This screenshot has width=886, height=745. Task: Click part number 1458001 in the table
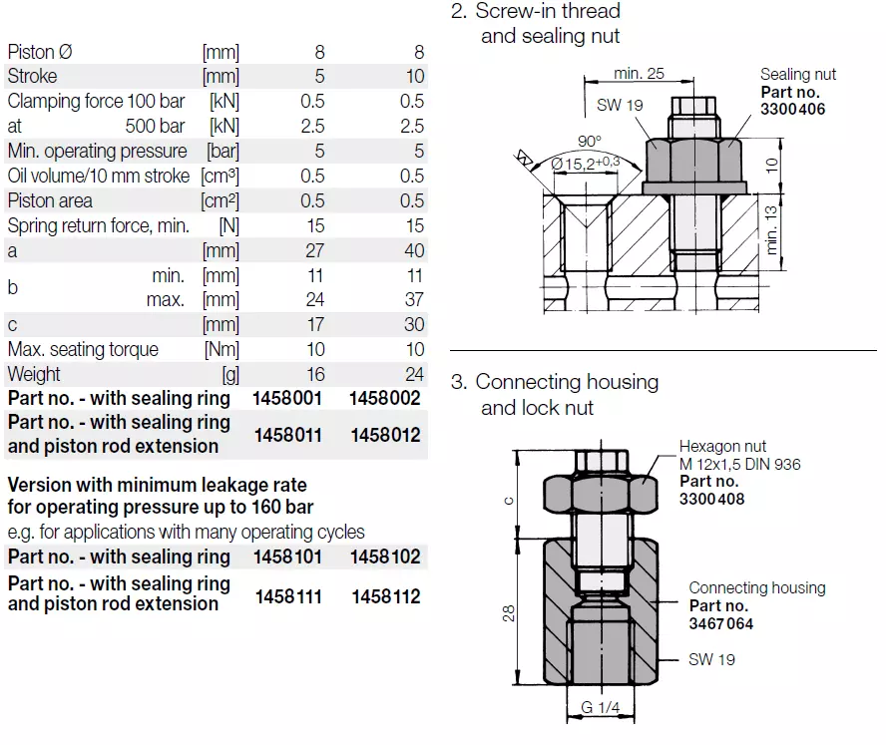tap(288, 398)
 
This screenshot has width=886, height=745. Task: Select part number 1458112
tap(386, 596)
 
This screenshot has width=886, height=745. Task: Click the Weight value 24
tap(412, 374)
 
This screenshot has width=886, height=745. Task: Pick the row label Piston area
tap(50, 200)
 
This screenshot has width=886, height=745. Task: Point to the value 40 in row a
tap(413, 250)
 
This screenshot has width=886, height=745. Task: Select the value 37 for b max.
tap(413, 299)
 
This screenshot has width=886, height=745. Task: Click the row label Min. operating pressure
tap(97, 151)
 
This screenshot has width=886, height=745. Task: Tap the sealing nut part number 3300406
tap(793, 110)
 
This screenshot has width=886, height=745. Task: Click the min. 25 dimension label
tap(639, 73)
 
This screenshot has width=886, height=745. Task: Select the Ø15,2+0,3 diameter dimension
tap(585, 163)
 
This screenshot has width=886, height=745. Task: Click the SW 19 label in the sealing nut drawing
tap(620, 106)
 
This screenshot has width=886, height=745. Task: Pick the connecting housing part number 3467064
tap(721, 624)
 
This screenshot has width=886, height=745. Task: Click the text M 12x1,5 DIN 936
tap(739, 464)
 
